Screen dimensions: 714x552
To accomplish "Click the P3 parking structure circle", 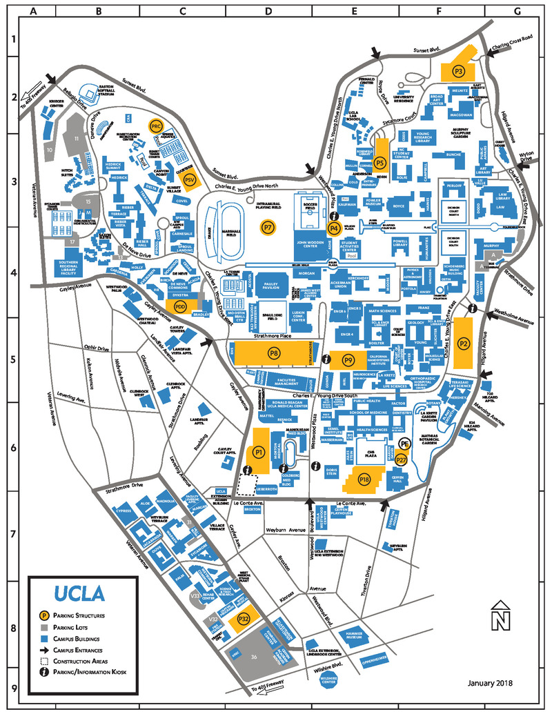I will click(458, 71).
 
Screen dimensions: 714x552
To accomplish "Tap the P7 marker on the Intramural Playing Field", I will click(268, 226).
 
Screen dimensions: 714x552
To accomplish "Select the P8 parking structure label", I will click(274, 353).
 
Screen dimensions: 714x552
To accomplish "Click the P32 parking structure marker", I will click(243, 619).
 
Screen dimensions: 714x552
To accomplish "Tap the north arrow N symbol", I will click(498, 616).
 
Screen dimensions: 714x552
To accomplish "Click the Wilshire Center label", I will click(332, 680).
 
